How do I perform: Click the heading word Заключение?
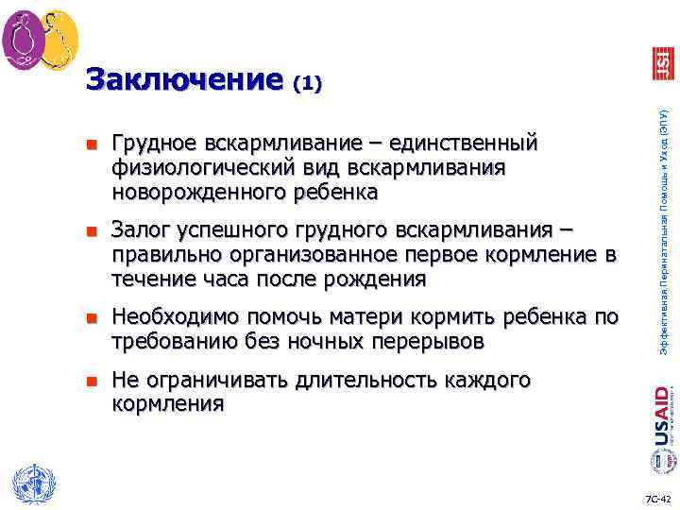(x=184, y=78)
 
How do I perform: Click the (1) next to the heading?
(x=307, y=84)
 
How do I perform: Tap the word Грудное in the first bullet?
(x=157, y=144)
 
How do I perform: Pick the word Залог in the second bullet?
(x=139, y=230)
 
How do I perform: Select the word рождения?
(x=378, y=280)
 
